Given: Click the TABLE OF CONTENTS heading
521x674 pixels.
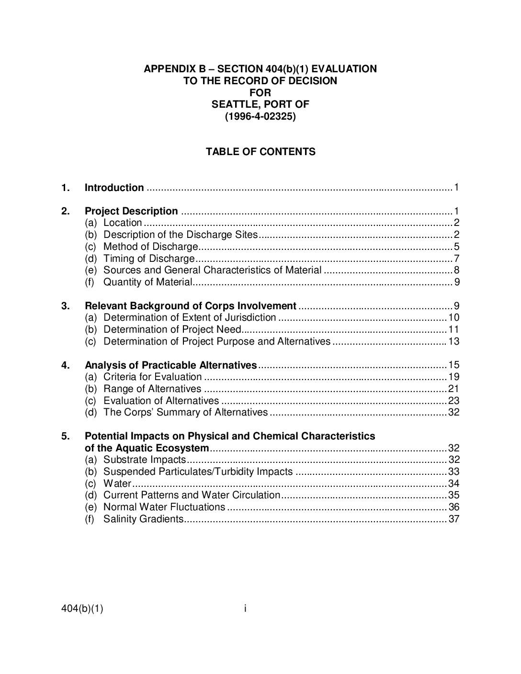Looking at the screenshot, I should pyautogui.click(x=260, y=152).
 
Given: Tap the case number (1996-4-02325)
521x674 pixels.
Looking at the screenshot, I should pyautogui.click(x=260, y=116).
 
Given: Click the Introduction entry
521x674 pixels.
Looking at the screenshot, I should pyautogui.click(x=114, y=188).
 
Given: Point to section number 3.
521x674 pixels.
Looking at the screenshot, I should pyautogui.click(x=66, y=306).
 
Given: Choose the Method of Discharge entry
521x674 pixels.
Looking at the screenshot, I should pyautogui.click(x=150, y=247).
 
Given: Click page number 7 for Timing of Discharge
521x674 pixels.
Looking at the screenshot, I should pyautogui.click(x=456, y=258).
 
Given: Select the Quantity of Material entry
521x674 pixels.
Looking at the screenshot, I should pyautogui.click(x=147, y=282).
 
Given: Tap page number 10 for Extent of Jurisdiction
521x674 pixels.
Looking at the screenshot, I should pyautogui.click(x=453, y=317).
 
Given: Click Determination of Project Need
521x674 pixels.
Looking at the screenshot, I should pyautogui.click(x=172, y=329).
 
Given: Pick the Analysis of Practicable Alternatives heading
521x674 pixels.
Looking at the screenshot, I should pyautogui.click(x=170, y=365).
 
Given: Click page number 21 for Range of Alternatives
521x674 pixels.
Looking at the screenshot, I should pyautogui.click(x=453, y=389).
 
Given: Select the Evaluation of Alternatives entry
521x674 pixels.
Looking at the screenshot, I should pyautogui.click(x=161, y=401).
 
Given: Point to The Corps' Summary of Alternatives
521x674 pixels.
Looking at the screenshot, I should pyautogui.click(x=185, y=412).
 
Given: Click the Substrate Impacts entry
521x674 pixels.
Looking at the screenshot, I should pyautogui.click(x=144, y=460).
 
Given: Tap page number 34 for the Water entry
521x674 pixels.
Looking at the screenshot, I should pyautogui.click(x=453, y=483).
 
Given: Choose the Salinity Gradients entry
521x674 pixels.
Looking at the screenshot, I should pyautogui.click(x=143, y=519).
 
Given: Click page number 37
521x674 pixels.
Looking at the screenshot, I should pyautogui.click(x=453, y=519).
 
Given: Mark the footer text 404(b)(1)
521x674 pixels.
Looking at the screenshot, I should pyautogui.click(x=82, y=609).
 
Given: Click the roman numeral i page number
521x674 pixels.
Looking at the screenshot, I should pyautogui.click(x=245, y=608).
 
